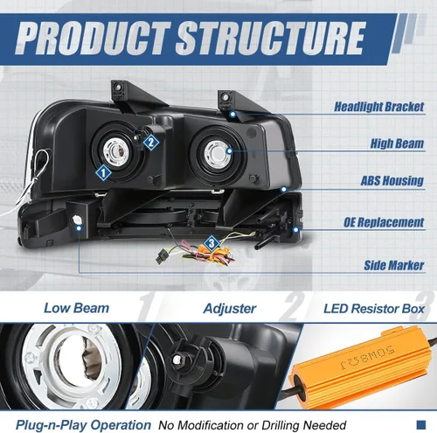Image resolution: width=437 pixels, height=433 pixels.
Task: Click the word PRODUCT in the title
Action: pos(94,38)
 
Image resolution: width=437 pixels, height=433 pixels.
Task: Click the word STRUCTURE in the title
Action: pos(271,38)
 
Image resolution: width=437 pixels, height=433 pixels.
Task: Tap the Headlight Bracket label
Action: pos(378,107)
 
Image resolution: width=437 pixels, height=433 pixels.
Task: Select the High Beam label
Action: pos(397,143)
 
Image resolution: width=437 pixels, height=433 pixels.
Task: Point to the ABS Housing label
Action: pos(392,181)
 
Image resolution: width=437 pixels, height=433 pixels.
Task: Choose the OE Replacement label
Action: pos(384,222)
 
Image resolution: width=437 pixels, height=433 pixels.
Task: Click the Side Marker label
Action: pos(394,265)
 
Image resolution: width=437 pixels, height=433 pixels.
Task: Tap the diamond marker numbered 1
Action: pos(103,173)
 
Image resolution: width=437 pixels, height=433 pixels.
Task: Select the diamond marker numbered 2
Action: pos(151,143)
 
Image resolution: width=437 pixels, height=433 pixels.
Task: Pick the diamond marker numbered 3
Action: pos(212,243)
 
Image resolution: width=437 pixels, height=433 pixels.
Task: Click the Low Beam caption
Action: pos(76,308)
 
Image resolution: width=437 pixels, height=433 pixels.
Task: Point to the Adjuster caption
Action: pos(230,309)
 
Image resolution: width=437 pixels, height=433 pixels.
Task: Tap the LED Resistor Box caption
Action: pos(374,309)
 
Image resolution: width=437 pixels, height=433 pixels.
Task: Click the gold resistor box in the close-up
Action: pos(360,370)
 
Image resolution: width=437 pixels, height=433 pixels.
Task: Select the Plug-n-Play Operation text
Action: pos(83,425)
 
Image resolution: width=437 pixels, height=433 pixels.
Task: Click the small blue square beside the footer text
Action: pos(421,424)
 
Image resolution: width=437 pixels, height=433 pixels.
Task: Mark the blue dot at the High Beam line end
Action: pos(230,151)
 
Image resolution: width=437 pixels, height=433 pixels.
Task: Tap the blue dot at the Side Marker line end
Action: pos(79,228)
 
